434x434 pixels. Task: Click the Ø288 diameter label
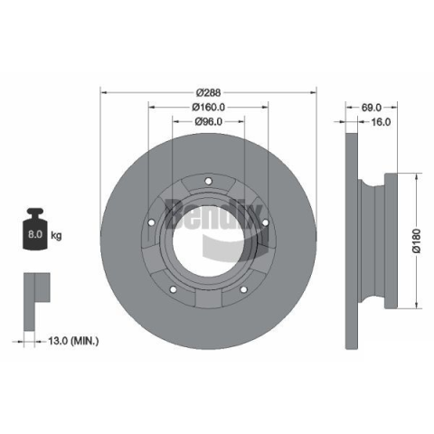[x=208, y=92]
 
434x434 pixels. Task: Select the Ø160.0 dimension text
[x=208, y=107]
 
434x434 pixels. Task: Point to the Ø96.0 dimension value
[x=208, y=121]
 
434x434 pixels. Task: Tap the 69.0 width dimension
[x=372, y=108]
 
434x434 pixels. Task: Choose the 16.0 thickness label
[x=381, y=122]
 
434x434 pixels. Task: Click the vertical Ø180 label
[x=416, y=241]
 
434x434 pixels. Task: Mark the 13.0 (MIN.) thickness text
[x=73, y=341]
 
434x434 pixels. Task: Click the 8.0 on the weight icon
[x=35, y=234]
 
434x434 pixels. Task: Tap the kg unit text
[x=56, y=235]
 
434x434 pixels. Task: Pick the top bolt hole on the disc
[x=208, y=181]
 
